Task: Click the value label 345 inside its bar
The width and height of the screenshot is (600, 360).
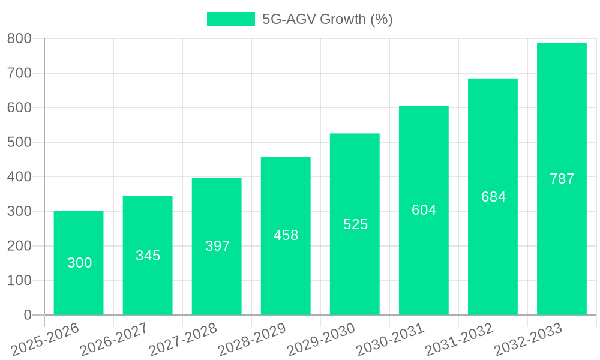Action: click(x=148, y=256)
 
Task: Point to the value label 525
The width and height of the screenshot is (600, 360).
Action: click(x=355, y=224)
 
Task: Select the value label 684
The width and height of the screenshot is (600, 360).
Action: click(x=493, y=197)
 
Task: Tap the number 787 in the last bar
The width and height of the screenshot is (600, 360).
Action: click(x=562, y=179)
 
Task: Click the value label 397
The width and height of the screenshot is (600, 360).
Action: click(x=217, y=246)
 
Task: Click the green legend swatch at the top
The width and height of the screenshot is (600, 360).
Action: click(x=231, y=19)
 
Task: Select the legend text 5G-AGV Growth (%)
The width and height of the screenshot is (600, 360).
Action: click(x=327, y=19)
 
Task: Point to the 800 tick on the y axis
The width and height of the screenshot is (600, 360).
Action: click(x=19, y=38)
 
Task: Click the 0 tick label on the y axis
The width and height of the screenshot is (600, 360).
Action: click(x=28, y=315)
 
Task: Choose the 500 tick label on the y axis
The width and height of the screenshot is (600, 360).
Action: click(x=19, y=142)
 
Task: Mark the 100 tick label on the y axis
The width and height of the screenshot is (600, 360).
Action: click(x=19, y=280)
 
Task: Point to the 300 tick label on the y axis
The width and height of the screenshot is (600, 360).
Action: click(x=19, y=211)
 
